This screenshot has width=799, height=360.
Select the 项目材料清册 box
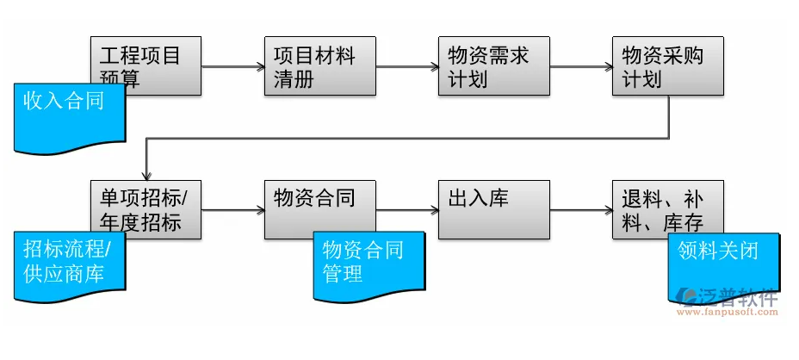click(x=319, y=66)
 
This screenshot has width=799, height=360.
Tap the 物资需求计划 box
click(x=493, y=66)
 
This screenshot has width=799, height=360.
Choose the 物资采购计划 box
click(x=668, y=66)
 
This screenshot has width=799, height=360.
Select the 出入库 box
click(x=493, y=209)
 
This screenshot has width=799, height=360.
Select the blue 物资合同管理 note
click(x=369, y=263)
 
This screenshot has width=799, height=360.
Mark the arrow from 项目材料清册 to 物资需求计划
click(x=406, y=66)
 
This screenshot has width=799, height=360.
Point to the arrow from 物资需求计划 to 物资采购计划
click(x=580, y=66)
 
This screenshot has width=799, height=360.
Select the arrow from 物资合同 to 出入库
click(x=406, y=209)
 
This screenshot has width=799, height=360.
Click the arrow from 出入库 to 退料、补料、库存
click(x=580, y=209)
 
